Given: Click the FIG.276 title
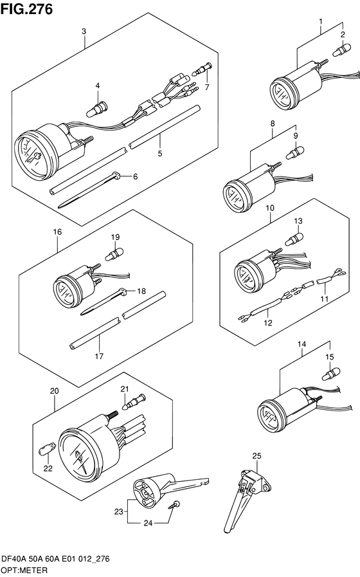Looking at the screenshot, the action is (x=26, y=9).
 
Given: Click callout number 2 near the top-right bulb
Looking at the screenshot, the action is (x=343, y=35).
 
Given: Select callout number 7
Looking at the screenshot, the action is (x=207, y=87).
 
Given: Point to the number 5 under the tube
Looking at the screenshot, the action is (x=160, y=154).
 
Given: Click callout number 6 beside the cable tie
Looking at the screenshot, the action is (x=136, y=177).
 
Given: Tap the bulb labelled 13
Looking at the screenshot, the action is (x=294, y=239).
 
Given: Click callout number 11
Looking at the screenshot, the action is (x=324, y=299).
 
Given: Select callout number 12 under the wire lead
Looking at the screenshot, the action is (x=268, y=323).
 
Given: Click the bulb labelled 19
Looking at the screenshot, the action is (x=114, y=254).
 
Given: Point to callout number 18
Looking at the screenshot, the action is (x=141, y=291).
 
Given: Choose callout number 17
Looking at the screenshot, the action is (x=99, y=356).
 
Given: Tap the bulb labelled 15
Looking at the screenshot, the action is (x=331, y=374).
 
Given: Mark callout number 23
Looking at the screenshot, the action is (x=118, y=511).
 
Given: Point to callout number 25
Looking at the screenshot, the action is (x=256, y=456).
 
